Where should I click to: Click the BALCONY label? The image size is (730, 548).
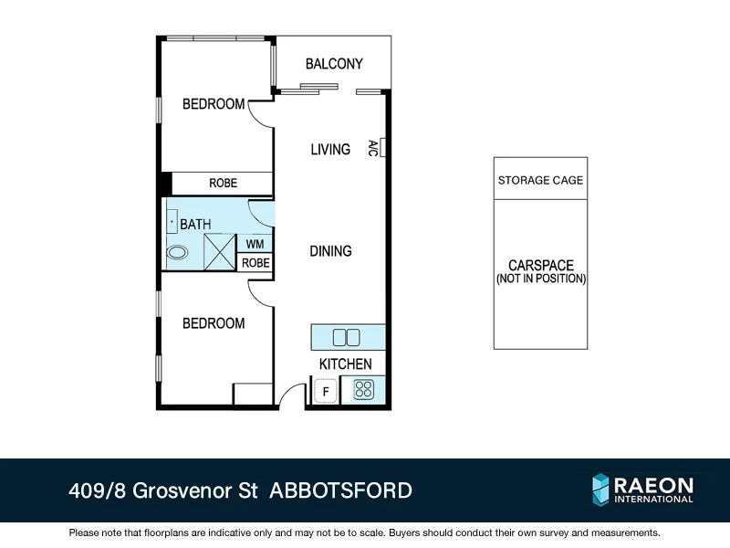click(x=334, y=64)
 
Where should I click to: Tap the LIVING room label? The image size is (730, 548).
click(x=330, y=149)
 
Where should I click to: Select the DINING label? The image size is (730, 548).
click(x=330, y=250)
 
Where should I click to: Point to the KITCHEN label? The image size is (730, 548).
click(x=345, y=364)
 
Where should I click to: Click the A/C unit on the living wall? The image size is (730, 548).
click(x=384, y=147)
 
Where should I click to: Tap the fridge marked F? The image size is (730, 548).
click(x=325, y=391)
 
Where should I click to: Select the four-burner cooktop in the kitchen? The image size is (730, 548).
click(x=363, y=390)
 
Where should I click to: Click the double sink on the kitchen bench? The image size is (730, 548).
click(x=347, y=337)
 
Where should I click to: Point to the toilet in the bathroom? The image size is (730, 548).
click(x=178, y=251)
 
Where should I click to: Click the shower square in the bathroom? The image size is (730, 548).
click(x=220, y=252)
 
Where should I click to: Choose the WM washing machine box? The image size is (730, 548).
click(x=255, y=244)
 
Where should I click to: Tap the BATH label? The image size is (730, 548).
click(x=195, y=224)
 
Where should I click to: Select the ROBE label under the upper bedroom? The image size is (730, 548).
click(x=223, y=183)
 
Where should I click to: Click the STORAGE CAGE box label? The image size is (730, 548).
click(x=540, y=181)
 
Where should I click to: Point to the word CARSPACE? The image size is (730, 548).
click(x=540, y=266)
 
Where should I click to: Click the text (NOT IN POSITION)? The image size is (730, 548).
click(x=540, y=279)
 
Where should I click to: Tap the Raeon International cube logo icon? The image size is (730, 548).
click(x=600, y=490)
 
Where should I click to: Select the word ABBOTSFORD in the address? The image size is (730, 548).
click(x=341, y=490)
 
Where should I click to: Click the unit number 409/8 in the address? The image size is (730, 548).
click(x=98, y=490)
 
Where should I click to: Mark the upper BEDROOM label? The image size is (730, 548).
click(x=214, y=104)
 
